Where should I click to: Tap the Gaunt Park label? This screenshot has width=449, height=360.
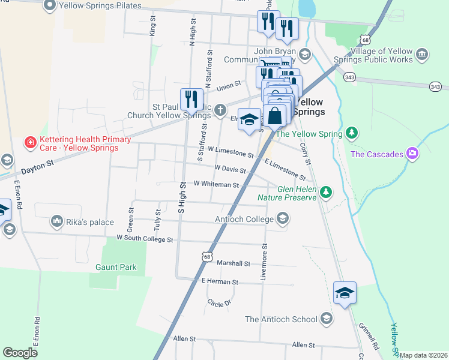pyautogui.click(x=115, y=268)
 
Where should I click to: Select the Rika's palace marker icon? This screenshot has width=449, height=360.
pyautogui.click(x=56, y=222)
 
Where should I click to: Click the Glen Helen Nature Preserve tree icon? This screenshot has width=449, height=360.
pyautogui.click(x=325, y=192)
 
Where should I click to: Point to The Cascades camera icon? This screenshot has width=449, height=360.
pyautogui.click(x=412, y=154)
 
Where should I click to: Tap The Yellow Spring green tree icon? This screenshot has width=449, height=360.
pyautogui.click(x=354, y=133)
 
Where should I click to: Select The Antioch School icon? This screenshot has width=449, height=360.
pyautogui.click(x=327, y=319)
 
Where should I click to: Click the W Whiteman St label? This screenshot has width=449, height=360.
pyautogui.click(x=216, y=185)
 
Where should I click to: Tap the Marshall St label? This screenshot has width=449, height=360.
pyautogui.click(x=234, y=263)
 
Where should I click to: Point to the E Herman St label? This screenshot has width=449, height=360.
pyautogui.click(x=220, y=281)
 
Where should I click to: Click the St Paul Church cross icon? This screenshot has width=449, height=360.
pyautogui.click(x=220, y=109)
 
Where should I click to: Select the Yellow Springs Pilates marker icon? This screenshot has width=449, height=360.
pyautogui.click(x=49, y=6)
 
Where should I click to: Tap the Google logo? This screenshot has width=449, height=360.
pyautogui.click(x=20, y=352)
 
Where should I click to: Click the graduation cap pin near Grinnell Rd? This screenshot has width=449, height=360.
pyautogui.click(x=345, y=293)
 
